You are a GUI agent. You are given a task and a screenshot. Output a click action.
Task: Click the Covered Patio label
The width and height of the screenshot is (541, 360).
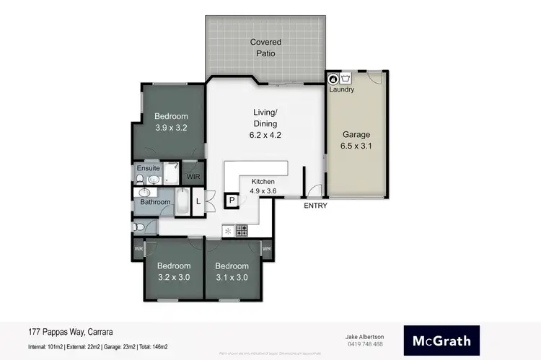point(265,48)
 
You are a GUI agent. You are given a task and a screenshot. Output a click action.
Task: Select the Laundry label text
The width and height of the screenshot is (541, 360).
point(341,89)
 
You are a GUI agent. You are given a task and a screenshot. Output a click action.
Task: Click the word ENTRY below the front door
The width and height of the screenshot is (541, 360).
point(315,206)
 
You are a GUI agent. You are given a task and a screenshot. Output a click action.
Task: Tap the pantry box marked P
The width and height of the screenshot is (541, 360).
point(232,201)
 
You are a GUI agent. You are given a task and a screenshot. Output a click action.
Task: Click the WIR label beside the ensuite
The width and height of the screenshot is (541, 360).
point(193,176)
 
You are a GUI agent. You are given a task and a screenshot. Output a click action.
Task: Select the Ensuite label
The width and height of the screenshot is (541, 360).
point(148,170)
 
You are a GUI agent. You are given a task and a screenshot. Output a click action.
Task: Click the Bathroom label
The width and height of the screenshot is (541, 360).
point(155,202)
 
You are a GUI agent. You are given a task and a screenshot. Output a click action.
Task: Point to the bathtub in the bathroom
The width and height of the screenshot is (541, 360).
point(182,201)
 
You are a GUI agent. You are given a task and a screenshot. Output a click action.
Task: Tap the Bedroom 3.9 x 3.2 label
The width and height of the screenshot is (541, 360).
point(171,122)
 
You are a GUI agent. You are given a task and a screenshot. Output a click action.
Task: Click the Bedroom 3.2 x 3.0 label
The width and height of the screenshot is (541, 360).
point(173,271)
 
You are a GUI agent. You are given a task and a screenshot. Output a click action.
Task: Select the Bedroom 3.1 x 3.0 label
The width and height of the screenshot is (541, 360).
point(232,271)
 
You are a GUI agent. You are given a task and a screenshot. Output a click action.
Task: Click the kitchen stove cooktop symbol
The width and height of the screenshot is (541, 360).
point(242,231)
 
